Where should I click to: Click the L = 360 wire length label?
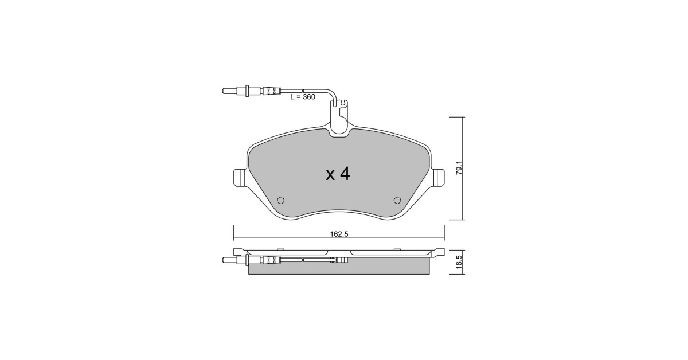pyautogui.click(x=303, y=97)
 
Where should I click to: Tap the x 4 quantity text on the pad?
pyautogui.click(x=338, y=174)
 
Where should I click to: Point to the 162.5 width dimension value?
pyautogui.click(x=339, y=234)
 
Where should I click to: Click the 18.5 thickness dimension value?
pyautogui.click(x=459, y=262)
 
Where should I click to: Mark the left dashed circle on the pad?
pyautogui.click(x=280, y=200)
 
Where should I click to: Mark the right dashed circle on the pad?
pyautogui.click(x=397, y=200)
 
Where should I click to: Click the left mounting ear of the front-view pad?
pyautogui.click(x=240, y=177)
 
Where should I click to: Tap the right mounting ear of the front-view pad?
pyautogui.click(x=438, y=177)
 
